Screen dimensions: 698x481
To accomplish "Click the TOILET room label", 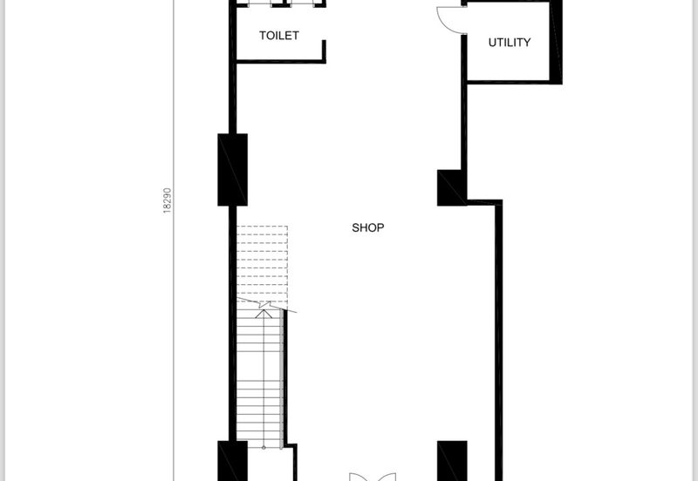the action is click(279, 36).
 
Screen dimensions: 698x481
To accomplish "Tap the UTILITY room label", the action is click(510, 42).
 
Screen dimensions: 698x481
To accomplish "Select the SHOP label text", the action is click(367, 227).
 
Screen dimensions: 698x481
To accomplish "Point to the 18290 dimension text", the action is click(167, 200).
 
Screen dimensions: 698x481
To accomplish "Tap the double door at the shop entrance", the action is click(373, 477).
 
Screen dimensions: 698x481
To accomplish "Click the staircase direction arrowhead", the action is click(264, 314).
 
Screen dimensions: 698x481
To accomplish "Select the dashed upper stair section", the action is click(262, 266).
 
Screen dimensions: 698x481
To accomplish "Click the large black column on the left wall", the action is click(232, 170).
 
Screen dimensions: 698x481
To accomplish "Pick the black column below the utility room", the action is click(452, 187).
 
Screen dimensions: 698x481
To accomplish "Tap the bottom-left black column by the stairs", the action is click(232, 461).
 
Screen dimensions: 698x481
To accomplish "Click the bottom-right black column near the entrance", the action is click(452, 461).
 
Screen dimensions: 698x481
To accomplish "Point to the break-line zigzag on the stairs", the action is click(265, 305).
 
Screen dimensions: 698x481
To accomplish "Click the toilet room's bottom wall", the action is click(281, 61).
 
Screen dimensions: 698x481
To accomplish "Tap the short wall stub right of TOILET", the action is click(324, 51).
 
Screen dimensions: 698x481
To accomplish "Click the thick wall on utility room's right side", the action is click(556, 42).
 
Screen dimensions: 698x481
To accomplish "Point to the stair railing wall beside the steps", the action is click(285, 378).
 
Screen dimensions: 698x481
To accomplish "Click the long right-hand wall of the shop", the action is click(499, 341).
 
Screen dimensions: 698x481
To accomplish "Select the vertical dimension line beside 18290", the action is click(174, 240).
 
